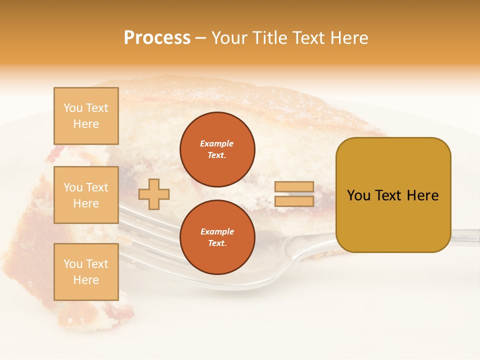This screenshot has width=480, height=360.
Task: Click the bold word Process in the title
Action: coord(157,38)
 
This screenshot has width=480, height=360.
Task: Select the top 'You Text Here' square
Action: coord(86,116)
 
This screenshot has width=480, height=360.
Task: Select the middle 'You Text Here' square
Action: coord(86,195)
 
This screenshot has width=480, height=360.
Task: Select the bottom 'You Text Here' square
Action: coord(86,272)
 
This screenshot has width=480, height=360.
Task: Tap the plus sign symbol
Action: coord(154,194)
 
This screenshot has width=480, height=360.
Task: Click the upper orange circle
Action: coord(217,149)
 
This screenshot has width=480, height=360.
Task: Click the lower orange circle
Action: coord(217,237)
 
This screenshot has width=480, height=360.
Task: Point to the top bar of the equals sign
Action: coord(294,187)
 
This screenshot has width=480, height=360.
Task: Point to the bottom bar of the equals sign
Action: coord(294,201)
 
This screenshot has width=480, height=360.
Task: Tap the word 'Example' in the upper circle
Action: coord(217,143)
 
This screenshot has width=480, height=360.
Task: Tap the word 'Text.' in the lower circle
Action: coord(217,243)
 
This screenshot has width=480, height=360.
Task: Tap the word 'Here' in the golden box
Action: coord(423,195)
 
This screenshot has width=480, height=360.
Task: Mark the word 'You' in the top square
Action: coord(73,108)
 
